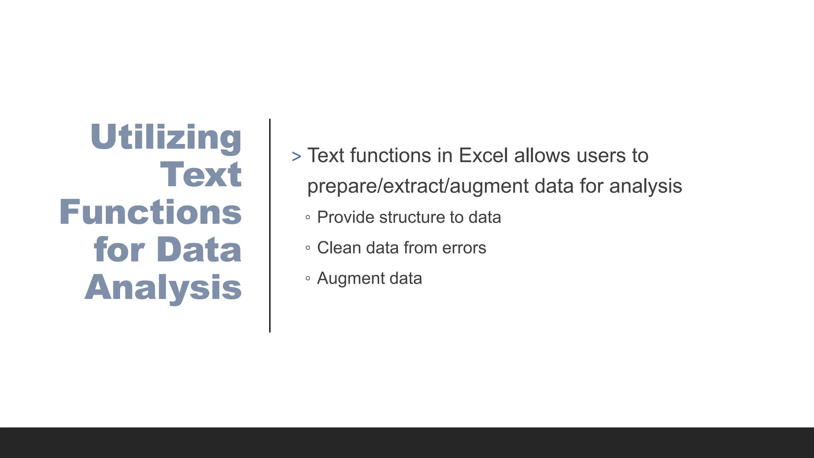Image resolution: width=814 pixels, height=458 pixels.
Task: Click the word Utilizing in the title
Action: pyautogui.click(x=166, y=137)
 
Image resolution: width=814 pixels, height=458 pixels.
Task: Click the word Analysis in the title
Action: pyautogui.click(x=163, y=287)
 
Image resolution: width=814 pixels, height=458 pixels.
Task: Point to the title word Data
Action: pyautogui.click(x=199, y=250)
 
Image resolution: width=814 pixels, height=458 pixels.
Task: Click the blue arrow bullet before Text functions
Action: pyautogui.click(x=296, y=157)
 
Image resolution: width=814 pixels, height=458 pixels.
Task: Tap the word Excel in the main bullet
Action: pyautogui.click(x=483, y=155)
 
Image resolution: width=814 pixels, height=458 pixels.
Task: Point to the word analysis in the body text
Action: pyautogui.click(x=645, y=186)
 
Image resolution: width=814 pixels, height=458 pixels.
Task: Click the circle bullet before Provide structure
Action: pyautogui.click(x=308, y=217)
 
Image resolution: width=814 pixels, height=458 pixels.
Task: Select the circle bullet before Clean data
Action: pyautogui.click(x=308, y=248)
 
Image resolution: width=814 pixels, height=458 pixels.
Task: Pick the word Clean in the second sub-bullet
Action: pyautogui.click(x=339, y=248)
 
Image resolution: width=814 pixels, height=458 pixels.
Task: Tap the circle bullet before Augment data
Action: pyautogui.click(x=308, y=278)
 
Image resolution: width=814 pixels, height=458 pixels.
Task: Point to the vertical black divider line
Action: pyautogui.click(x=270, y=225)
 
